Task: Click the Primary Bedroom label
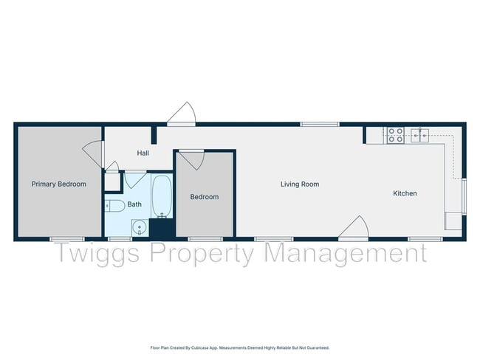(58, 184)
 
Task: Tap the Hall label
(143, 153)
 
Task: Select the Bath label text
(134, 204)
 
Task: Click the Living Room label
(300, 184)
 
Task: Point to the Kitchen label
(405, 193)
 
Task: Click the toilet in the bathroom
(114, 205)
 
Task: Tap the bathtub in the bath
(162, 195)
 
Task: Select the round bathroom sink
(138, 228)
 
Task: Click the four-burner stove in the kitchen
(395, 135)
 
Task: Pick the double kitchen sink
(420, 135)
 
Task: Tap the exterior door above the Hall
(182, 115)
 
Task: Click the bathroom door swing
(135, 179)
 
